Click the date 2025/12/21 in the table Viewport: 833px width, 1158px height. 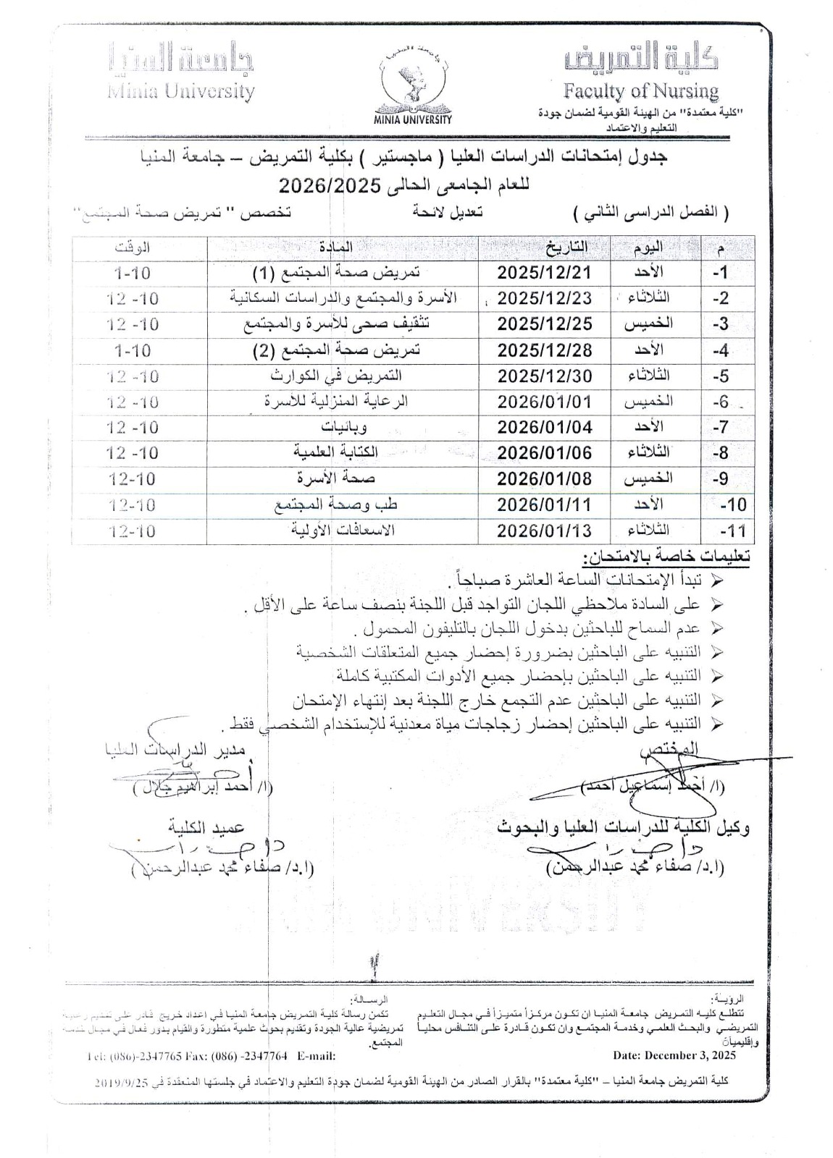click(545, 273)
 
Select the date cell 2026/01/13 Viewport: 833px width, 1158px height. click(545, 531)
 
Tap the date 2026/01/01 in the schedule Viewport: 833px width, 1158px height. click(545, 402)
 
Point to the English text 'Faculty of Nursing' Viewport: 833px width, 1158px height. click(641, 91)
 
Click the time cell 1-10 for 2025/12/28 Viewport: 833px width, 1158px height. click(133, 350)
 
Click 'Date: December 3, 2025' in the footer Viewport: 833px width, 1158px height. click(674, 1056)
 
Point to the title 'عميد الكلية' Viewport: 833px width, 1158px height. click(207, 827)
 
